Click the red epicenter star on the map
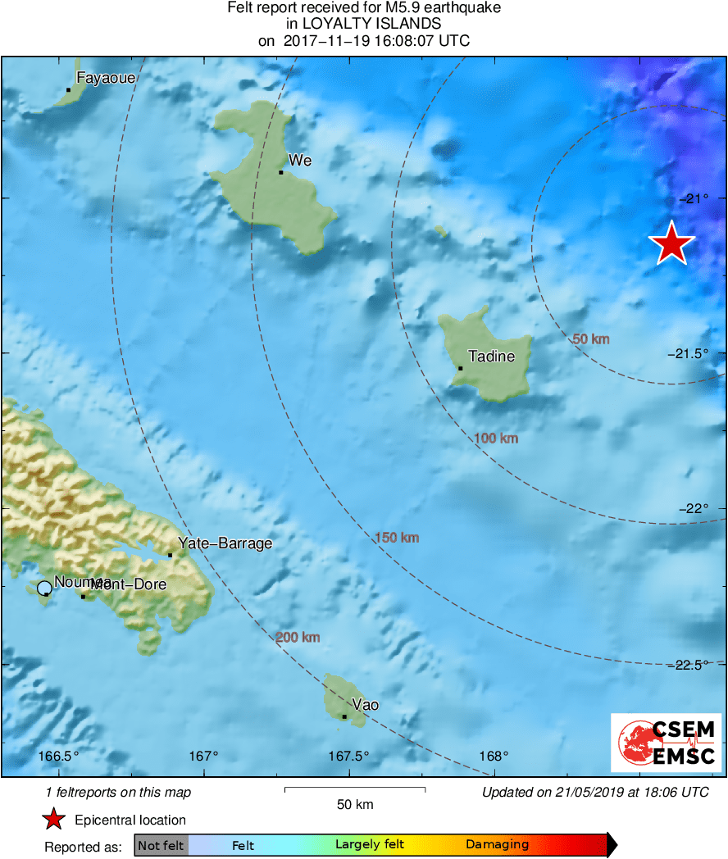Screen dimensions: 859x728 [x=672, y=243]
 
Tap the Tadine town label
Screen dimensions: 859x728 [x=491, y=357]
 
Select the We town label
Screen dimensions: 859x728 [x=300, y=161]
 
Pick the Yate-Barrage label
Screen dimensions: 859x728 [x=225, y=543]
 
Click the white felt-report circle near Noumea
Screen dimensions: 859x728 [x=44, y=588]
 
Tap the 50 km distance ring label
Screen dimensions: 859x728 [x=590, y=339]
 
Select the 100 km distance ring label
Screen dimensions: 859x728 [x=496, y=439]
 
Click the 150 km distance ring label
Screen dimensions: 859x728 [x=397, y=538]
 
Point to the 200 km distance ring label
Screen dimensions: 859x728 [x=298, y=638]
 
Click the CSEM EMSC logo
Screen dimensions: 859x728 [x=666, y=743]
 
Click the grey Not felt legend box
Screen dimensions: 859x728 [x=161, y=845]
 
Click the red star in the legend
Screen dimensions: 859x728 [x=53, y=820]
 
